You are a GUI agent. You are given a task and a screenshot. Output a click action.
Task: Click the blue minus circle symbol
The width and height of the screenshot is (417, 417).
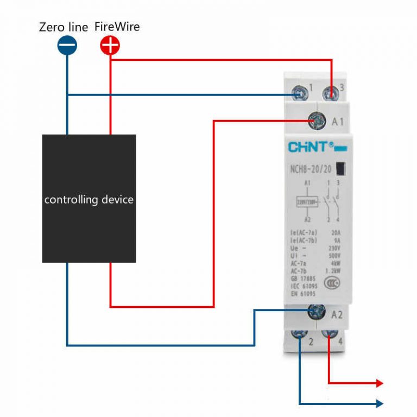tap(67, 46)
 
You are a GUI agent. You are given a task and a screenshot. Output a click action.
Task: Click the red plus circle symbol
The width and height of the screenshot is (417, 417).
tap(110, 46)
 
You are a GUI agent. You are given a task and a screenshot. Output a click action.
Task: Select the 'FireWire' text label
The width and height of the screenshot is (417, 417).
tap(117, 27)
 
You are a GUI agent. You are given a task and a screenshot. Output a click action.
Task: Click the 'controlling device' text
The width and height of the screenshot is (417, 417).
tap(89, 199)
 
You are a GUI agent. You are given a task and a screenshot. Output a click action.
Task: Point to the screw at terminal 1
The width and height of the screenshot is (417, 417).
tap(299, 93)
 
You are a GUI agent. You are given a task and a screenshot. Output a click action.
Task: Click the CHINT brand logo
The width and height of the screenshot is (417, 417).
tap(308, 147)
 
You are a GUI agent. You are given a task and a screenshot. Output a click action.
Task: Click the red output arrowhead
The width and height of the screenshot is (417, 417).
tap(380, 383)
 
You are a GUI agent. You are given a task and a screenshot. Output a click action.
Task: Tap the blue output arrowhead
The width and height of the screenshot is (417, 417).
tap(380, 403)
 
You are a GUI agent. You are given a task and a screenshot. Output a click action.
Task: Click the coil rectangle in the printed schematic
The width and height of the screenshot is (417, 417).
tap(307, 203)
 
